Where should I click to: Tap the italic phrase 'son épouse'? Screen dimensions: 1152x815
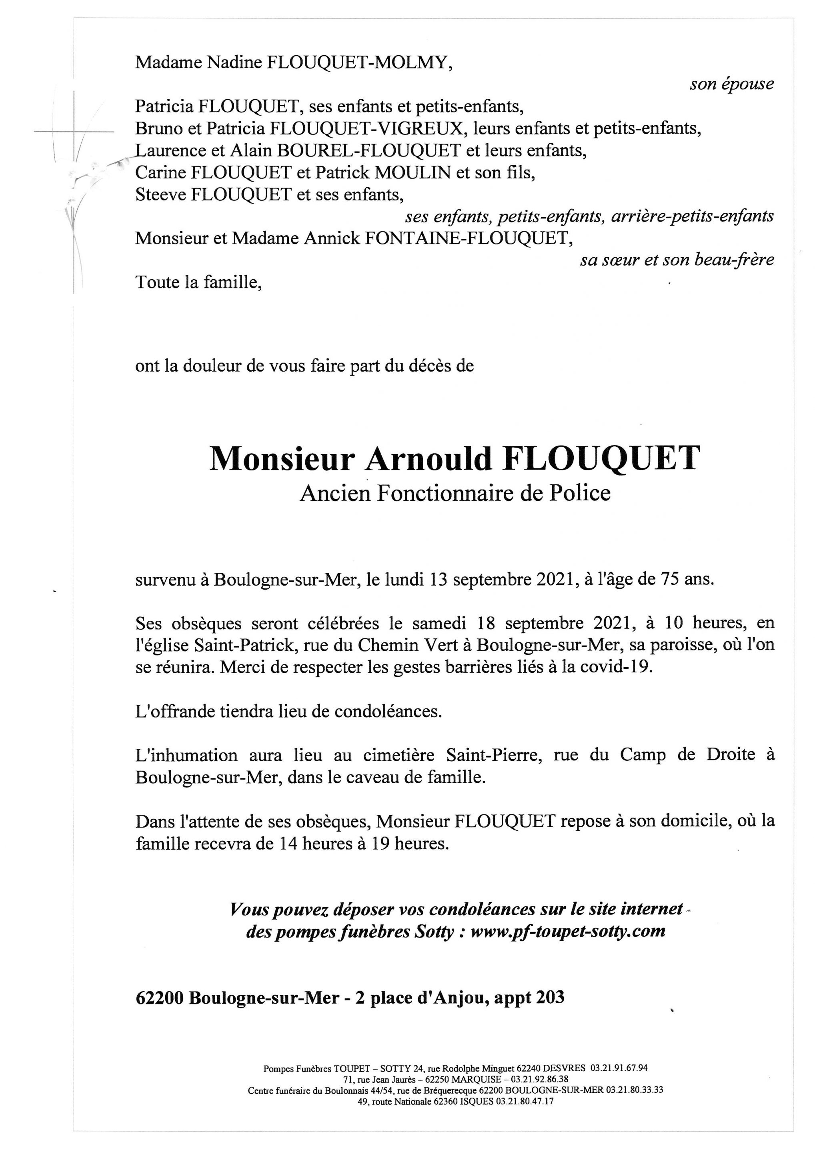click(x=731, y=84)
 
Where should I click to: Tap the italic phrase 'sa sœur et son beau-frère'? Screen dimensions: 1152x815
click(x=677, y=260)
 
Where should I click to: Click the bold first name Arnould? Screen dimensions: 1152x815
click(x=428, y=458)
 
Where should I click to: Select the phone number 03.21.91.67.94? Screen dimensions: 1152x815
click(x=619, y=1068)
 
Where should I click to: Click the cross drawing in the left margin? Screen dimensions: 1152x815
click(x=74, y=132)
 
